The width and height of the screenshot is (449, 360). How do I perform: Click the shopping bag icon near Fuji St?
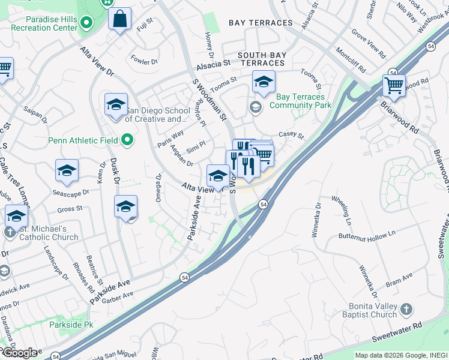120,19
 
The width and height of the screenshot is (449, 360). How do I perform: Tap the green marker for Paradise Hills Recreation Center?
86,23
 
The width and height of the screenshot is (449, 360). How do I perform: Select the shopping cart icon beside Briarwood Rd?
393,86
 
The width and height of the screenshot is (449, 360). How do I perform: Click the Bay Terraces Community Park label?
300,101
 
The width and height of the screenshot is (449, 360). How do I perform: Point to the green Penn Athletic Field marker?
127,140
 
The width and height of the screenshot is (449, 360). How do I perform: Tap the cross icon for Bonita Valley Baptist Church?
406,310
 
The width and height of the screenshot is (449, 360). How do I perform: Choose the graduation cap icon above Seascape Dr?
67,171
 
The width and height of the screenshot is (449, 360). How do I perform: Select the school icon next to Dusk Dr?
125,207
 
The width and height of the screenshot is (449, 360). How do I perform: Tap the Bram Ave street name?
399,278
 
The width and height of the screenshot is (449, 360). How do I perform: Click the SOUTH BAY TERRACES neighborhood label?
261,59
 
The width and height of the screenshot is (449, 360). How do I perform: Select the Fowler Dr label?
144,61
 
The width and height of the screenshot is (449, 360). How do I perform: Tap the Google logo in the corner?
20,353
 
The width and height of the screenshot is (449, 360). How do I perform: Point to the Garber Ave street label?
117,298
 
